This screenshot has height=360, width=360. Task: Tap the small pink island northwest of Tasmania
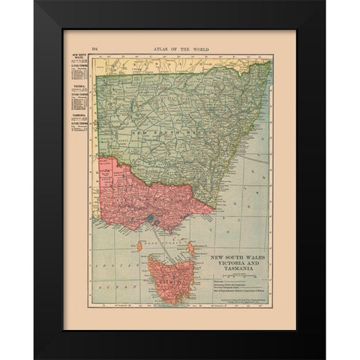(x=140, y=245)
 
